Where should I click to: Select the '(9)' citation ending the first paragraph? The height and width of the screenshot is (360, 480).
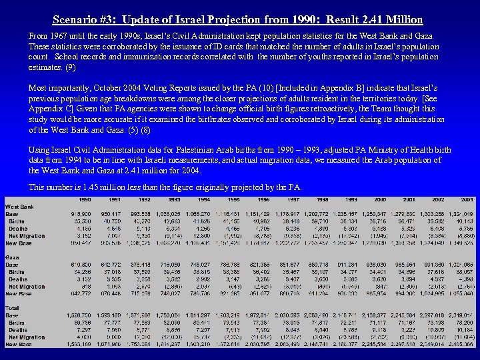(71, 67)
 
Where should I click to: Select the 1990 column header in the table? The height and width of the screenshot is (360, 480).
(85, 199)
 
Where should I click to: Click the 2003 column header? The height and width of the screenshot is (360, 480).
(467, 199)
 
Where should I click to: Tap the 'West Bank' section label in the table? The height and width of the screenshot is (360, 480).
(20, 207)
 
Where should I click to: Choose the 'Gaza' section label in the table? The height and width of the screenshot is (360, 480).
(13, 257)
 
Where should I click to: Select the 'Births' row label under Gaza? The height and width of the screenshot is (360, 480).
(17, 271)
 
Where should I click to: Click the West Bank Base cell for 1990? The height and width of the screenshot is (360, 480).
(83, 214)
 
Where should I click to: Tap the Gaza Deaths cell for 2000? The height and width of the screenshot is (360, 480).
(377, 279)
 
